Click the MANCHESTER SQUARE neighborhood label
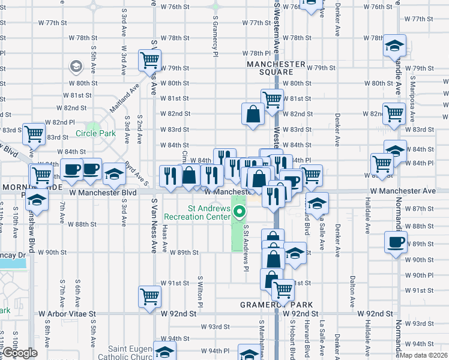coord(275,68)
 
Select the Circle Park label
coord(95,134)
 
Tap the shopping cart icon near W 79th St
coord(149,60)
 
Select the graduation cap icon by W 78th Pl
coord(395,46)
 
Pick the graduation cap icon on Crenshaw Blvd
coord(38,202)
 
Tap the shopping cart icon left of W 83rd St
coord(34,134)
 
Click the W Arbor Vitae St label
coord(67,313)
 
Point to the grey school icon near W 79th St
coord(76,65)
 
